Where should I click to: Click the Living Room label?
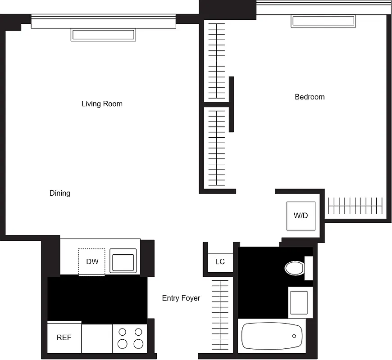[x=102, y=104]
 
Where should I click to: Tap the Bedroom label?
[x=310, y=97]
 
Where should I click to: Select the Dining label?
[x=60, y=193]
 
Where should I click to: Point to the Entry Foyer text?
[x=181, y=298]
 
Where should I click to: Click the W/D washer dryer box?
[x=301, y=216]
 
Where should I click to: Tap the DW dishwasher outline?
[x=92, y=261]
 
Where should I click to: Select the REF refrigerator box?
[x=64, y=337]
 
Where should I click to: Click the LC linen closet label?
[x=220, y=261]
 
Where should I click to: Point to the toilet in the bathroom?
[x=295, y=268]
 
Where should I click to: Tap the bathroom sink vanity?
[x=299, y=302]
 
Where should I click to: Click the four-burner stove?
[x=130, y=338]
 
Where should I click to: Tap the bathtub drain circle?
[x=294, y=336]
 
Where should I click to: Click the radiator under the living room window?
[x=103, y=35]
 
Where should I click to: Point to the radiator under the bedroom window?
[x=323, y=21]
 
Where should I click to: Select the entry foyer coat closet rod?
[x=220, y=315]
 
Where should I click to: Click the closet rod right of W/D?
[x=356, y=206]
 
